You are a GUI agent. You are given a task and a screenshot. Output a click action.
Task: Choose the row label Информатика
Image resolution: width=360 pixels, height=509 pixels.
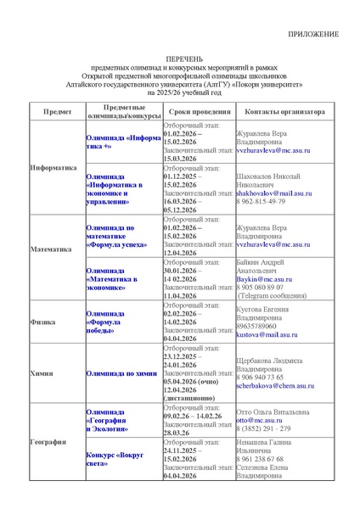(x=53, y=167)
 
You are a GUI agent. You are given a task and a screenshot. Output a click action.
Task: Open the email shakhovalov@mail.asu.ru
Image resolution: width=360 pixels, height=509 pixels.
(x=273, y=193)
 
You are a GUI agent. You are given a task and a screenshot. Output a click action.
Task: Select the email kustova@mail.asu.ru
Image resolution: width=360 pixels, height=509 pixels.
(x=267, y=335)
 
